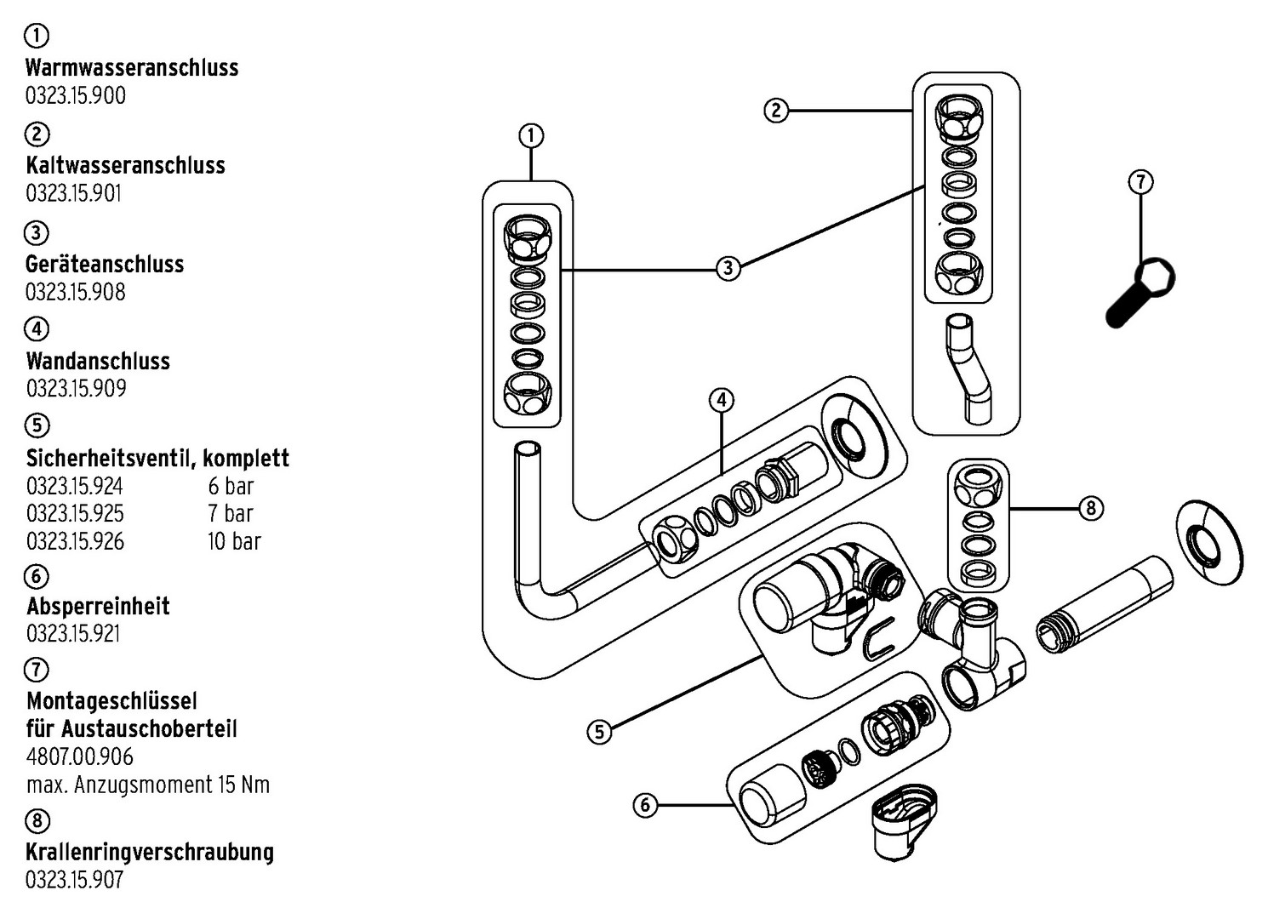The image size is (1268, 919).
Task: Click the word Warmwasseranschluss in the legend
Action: pos(132,67)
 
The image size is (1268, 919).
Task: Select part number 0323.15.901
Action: pos(74,193)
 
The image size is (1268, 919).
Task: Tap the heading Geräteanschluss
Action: pos(105,264)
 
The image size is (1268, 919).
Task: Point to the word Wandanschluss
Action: pos(98,361)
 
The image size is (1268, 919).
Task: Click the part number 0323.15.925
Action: pos(75,514)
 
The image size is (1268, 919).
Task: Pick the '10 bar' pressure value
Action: pos(234,541)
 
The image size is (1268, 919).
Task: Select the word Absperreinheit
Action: pos(98,607)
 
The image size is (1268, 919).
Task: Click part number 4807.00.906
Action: pos(80,756)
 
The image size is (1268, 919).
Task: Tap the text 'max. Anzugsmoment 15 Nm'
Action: pos(148,785)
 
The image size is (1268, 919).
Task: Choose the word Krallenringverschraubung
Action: pos(150,852)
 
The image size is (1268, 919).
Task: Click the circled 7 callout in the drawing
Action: pos(1140,182)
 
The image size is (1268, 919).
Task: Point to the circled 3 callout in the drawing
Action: pos(728,269)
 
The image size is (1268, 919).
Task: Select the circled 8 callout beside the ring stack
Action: pos(1090,509)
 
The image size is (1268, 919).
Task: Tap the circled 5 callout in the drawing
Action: pos(600,732)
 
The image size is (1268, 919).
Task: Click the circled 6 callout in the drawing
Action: pos(646,804)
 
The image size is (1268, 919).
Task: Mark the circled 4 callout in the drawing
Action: pos(721,400)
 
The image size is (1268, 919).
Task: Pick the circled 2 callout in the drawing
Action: pos(775,111)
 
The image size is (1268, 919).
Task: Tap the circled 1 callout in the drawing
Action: pos(531,136)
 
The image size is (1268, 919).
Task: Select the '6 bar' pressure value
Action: pos(231,487)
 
